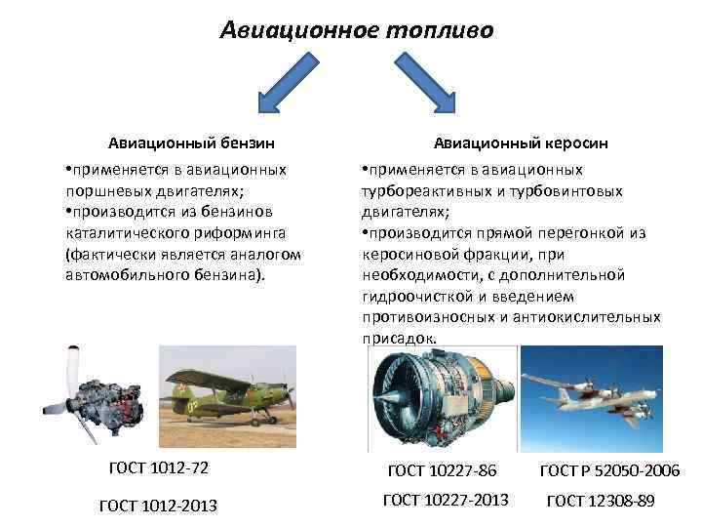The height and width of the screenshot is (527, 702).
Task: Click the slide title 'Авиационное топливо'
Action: pyautogui.click(x=357, y=30)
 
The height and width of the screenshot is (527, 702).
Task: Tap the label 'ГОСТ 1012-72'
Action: pyautogui.click(x=159, y=468)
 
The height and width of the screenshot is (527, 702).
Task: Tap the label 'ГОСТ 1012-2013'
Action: pyautogui.click(x=159, y=505)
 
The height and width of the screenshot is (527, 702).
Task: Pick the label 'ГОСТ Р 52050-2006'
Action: pyautogui.click(x=610, y=471)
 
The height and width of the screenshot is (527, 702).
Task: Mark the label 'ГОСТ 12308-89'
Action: pyautogui.click(x=601, y=501)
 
